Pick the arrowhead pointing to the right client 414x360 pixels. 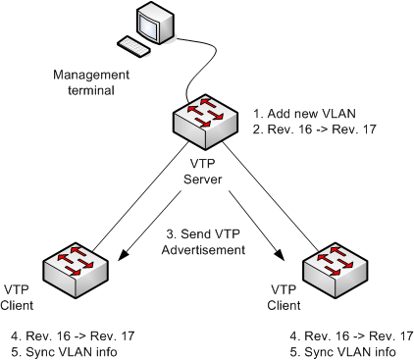tap(285, 259)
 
